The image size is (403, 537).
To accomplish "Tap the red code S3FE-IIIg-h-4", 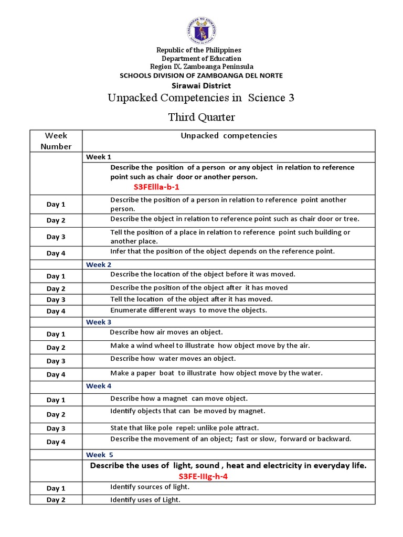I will [x=203, y=476].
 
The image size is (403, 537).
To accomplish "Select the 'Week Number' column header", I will [x=56, y=141].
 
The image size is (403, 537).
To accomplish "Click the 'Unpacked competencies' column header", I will [x=229, y=136].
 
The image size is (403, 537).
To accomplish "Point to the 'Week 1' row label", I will [x=99, y=157].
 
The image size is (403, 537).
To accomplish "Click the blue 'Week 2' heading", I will [x=99, y=265].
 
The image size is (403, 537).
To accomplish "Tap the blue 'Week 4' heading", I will [x=99, y=386].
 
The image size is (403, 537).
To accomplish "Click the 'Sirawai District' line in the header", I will [x=201, y=85].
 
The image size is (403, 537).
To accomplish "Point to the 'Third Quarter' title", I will [x=201, y=117].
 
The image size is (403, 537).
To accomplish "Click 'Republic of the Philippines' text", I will [x=201, y=50].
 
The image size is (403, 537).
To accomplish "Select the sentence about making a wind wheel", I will [x=210, y=346].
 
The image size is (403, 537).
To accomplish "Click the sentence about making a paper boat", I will [x=216, y=373].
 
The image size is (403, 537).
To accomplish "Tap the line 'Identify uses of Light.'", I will [x=145, y=500].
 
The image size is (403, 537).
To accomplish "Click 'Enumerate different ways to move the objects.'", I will [x=188, y=310].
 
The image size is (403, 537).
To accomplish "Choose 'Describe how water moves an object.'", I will [x=173, y=359].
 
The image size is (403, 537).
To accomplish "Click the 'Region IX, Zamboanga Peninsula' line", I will [x=201, y=67].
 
